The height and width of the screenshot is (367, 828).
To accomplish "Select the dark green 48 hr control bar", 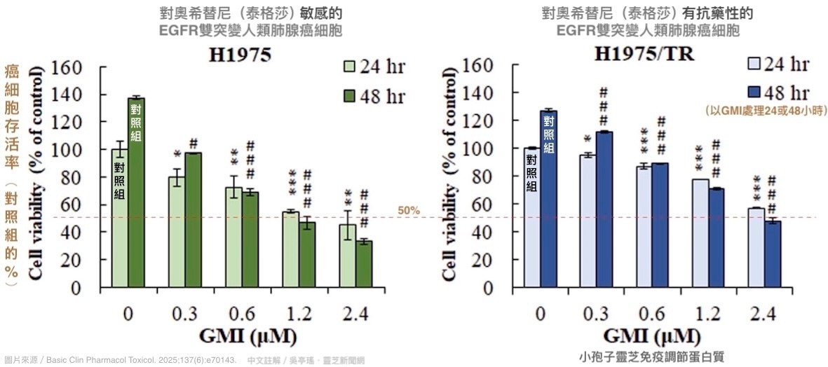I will click(136, 192).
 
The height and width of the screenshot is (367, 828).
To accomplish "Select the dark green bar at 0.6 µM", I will click(250, 239).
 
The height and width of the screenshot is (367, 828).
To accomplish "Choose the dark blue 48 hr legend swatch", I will click(755, 92).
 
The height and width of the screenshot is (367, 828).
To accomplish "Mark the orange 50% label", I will click(408, 210).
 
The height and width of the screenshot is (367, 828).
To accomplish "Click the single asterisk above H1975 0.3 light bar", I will click(177, 154).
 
